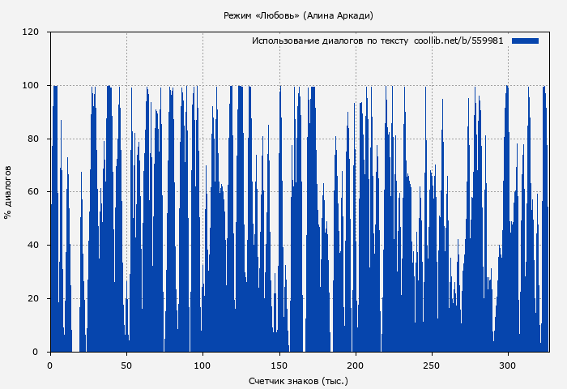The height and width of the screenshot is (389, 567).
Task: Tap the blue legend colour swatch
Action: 525,41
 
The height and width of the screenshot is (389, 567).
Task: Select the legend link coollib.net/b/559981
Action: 458,41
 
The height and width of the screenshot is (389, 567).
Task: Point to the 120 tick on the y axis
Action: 31,32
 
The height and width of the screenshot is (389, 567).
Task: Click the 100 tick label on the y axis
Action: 31,86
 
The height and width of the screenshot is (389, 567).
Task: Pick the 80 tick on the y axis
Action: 33,139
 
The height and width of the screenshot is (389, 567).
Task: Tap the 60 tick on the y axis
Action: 33,192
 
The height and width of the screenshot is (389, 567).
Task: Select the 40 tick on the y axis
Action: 33,246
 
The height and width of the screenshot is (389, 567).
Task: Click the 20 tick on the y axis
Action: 33,299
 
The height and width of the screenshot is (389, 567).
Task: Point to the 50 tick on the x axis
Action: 126,365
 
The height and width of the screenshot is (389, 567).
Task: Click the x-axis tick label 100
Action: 202,365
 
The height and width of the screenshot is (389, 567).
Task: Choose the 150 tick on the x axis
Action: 279,365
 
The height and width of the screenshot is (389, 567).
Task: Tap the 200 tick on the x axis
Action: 356,365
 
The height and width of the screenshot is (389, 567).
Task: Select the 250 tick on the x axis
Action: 432,365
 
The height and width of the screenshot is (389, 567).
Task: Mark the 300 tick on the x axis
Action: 508,365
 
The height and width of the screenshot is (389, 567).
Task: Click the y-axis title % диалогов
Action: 9,192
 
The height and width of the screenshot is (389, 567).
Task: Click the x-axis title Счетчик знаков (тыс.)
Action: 298,380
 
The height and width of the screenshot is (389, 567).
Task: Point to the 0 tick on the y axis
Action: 36,352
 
